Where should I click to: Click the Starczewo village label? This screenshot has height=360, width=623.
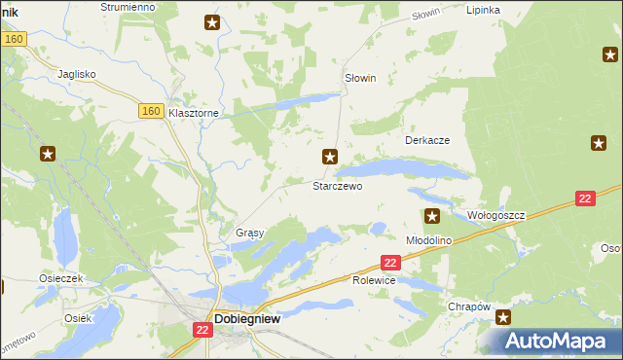[337, 185]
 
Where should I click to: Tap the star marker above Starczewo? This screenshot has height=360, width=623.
[331, 156]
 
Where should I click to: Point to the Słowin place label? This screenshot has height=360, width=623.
[360, 78]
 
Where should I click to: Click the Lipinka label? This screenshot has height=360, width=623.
[483, 10]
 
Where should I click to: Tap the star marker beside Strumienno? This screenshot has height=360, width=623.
[212, 22]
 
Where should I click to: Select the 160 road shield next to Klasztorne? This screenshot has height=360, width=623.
[149, 112]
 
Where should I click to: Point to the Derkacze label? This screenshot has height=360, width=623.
[426, 140]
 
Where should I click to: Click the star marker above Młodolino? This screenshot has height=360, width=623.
[432, 215]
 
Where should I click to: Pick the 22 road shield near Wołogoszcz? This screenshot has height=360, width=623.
[584, 198]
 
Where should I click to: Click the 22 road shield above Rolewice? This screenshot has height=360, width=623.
[390, 263]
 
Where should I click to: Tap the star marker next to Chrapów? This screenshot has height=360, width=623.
[503, 317]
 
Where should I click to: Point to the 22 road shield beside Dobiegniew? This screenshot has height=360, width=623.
[202, 331]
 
